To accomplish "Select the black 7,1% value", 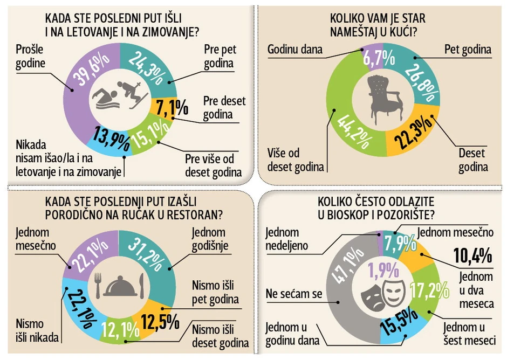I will point(172,107).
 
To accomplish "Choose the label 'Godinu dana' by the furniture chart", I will point(295,50).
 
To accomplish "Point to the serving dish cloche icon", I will point(119,286).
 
